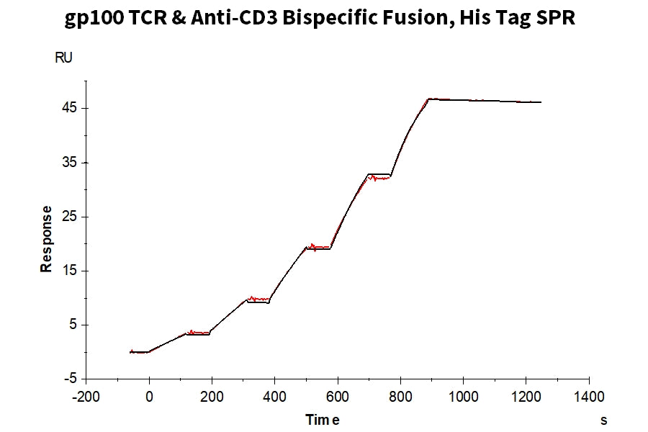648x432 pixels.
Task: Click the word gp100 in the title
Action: tap(94, 18)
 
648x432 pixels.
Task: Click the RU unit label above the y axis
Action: tap(63, 58)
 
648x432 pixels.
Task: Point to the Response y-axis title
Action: tap(46, 239)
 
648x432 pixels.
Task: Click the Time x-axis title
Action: tap(323, 420)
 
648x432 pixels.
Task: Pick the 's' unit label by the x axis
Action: tap(604, 420)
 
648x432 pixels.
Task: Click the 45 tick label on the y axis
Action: tap(69, 108)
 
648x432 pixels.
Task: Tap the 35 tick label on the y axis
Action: tap(69, 163)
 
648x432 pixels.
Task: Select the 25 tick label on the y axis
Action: tap(69, 217)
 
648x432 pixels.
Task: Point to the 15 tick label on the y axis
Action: tap(69, 271)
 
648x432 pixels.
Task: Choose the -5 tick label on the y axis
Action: tap(71, 379)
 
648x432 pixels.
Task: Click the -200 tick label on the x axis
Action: tap(86, 397)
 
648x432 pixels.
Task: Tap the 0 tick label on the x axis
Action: tap(149, 397)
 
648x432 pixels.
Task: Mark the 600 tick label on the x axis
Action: tap(338, 397)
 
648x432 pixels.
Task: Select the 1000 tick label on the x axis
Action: tap(463, 397)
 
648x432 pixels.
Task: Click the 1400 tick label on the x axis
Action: tap(589, 397)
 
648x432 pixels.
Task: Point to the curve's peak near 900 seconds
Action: tap(429, 99)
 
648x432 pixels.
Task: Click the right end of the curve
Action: tap(541, 102)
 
